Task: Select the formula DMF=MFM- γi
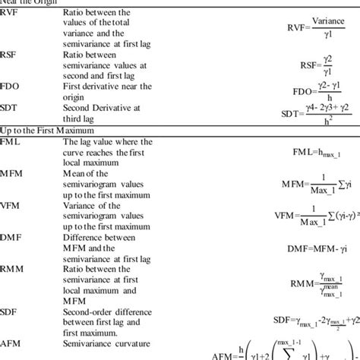coord(308,248)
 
